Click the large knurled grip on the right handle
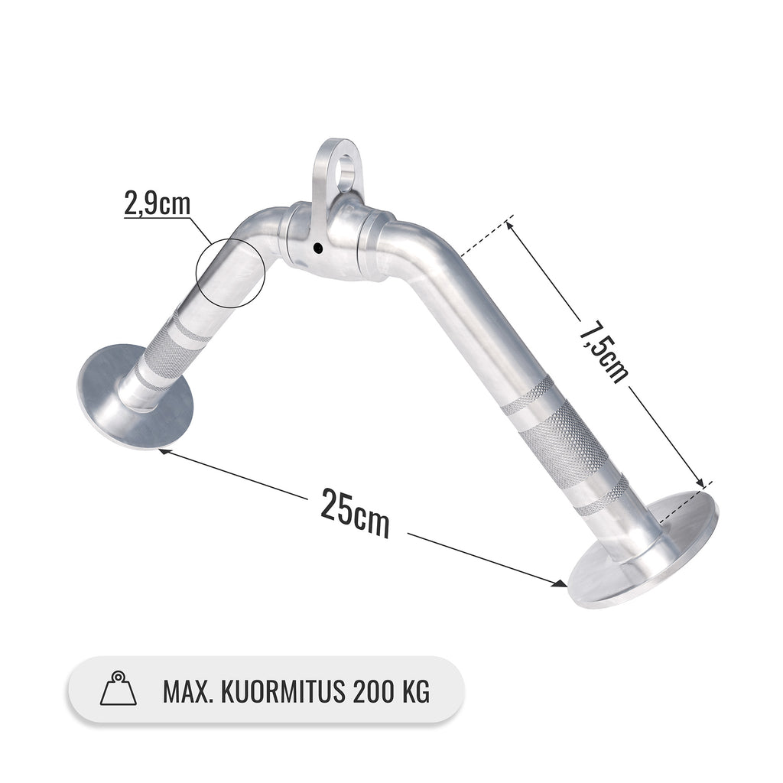[x=562, y=443]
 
